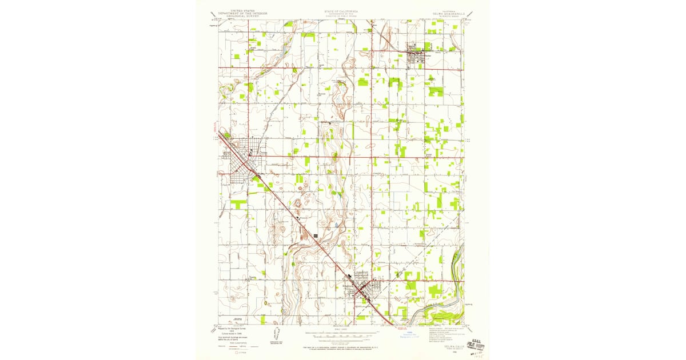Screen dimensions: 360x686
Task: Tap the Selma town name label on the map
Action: pyautogui.click(x=264, y=153)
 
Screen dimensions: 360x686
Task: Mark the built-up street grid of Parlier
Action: pyautogui.click(x=417, y=54)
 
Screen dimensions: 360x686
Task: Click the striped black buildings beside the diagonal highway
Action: pyautogui.click(x=315, y=235)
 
